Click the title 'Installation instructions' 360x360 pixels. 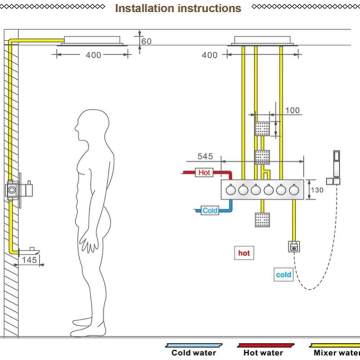pyautogui.click(x=178, y=8)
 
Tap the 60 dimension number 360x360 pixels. pyautogui.click(x=146, y=41)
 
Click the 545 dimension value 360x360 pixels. pyautogui.click(x=204, y=156)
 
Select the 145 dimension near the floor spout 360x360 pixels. pyautogui.click(x=29, y=259)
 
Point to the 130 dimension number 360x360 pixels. pyautogui.click(x=317, y=190)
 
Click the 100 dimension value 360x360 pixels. pyautogui.click(x=292, y=110)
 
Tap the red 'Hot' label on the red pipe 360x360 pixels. pyautogui.click(x=204, y=172)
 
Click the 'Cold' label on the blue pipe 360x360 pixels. pyautogui.click(x=210, y=210)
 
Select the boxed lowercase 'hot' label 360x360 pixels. pyautogui.click(x=244, y=253)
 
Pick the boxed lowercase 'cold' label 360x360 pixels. pyautogui.click(x=283, y=274)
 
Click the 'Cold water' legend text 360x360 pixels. pyautogui.click(x=194, y=352)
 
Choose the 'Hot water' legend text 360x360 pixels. pyautogui.click(x=263, y=352)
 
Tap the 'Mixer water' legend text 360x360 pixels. pyautogui.click(x=336, y=352)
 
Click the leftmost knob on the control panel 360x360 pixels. pyautogui.click(x=230, y=190)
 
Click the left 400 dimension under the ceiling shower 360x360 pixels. pyautogui.click(x=93, y=55)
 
